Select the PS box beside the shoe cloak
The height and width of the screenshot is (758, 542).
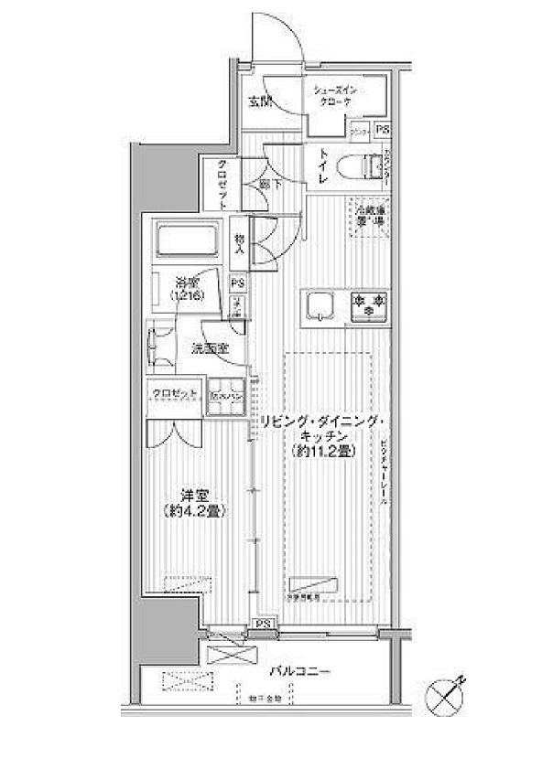381,130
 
